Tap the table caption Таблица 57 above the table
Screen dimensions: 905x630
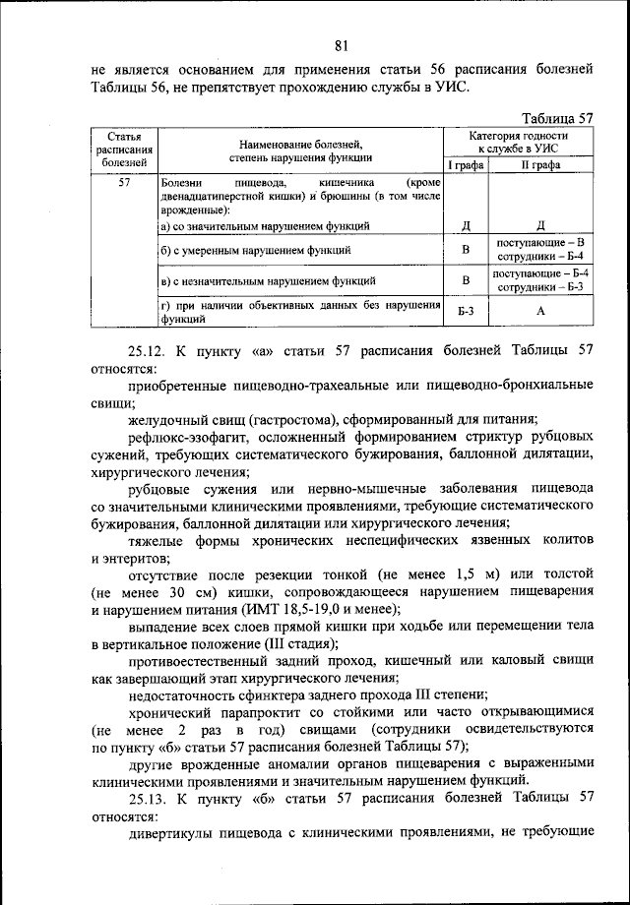557,115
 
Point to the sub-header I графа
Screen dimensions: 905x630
466,166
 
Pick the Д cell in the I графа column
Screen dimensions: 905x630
466,225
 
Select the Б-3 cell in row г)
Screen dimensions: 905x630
466,312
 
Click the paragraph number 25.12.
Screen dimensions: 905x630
150,349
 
